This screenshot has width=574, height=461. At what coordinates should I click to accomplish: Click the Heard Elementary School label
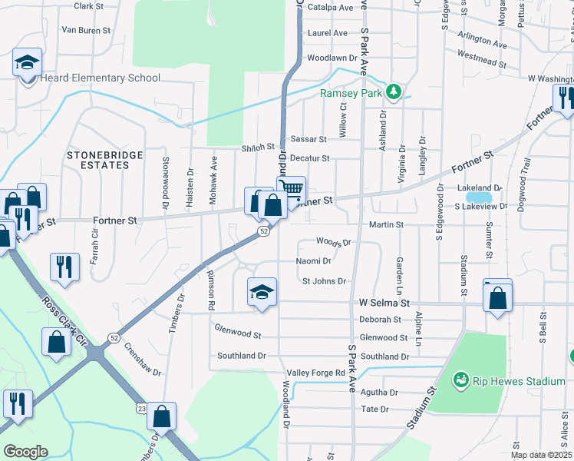[101, 78]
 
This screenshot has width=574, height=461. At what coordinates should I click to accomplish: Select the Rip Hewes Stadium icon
[460, 380]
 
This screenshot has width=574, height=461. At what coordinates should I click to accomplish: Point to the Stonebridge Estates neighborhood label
[105, 160]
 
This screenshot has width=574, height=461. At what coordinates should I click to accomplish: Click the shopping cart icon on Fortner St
[292, 189]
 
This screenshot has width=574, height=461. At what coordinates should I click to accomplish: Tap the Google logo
[25, 452]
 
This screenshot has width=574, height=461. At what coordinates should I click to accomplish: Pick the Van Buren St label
[86, 31]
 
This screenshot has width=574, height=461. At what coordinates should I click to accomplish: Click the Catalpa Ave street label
[330, 7]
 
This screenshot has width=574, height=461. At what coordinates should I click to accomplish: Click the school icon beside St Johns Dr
[262, 292]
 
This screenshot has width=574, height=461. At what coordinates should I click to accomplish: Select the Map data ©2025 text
[541, 455]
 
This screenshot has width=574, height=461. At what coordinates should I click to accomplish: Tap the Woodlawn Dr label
[332, 58]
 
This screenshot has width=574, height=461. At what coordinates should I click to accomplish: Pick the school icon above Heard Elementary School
[28, 62]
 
